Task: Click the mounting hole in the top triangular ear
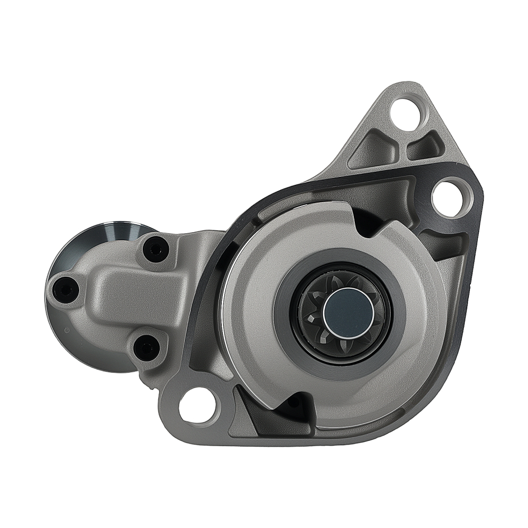point(408,111)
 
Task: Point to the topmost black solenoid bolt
point(156,249)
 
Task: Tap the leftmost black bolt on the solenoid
point(65,288)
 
